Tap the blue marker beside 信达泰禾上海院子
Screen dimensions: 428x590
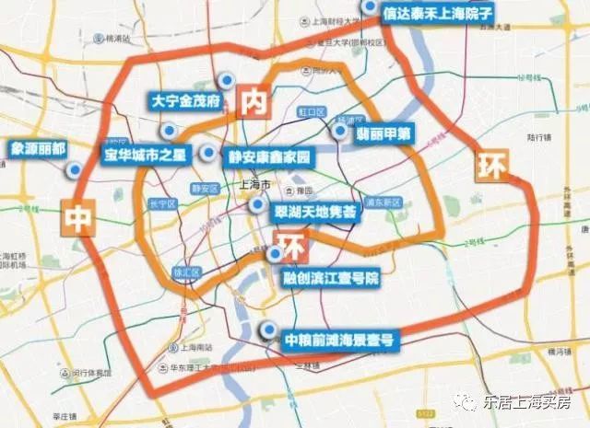370,6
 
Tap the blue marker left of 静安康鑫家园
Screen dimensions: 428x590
211,153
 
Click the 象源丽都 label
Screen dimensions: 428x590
39,147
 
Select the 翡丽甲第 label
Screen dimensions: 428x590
384,133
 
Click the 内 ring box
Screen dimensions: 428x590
253,102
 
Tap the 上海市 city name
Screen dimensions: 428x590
253,183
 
